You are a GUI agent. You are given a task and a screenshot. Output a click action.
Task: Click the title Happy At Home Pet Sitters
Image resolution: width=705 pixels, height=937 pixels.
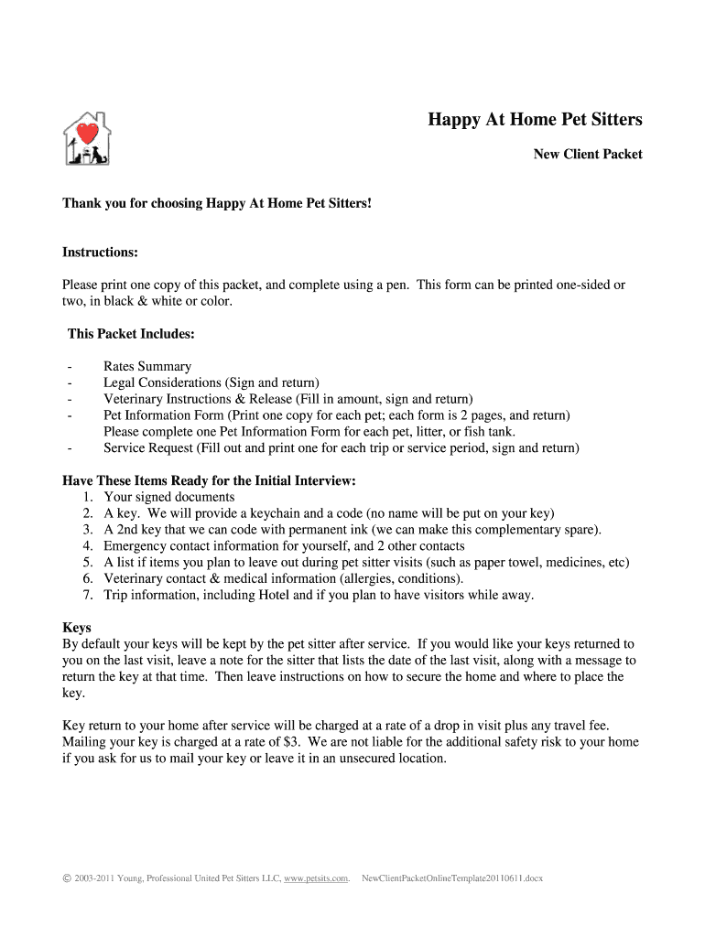(x=536, y=120)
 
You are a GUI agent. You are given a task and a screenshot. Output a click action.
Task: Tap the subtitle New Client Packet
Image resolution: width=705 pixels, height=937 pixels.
(x=588, y=155)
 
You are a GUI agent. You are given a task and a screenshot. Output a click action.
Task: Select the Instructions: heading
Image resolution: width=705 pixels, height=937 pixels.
(x=100, y=252)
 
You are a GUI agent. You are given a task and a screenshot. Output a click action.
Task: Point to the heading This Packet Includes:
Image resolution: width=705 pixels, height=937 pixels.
(x=131, y=334)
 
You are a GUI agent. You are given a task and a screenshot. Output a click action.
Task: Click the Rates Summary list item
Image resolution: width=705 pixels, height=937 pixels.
(x=147, y=366)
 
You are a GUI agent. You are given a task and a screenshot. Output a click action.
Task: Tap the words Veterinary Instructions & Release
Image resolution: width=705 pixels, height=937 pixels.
(x=197, y=399)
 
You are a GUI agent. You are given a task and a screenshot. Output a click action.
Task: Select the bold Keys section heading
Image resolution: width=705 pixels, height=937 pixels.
(x=76, y=628)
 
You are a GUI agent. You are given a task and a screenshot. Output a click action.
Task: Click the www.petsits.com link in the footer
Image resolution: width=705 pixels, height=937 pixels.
(x=316, y=878)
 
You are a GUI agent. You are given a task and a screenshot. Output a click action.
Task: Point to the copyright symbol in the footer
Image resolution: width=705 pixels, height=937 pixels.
(x=66, y=878)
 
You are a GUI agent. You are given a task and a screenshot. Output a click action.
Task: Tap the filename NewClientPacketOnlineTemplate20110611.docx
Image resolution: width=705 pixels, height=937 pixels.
(x=453, y=878)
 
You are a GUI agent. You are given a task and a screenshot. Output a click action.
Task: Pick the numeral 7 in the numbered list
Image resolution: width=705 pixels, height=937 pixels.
(x=86, y=595)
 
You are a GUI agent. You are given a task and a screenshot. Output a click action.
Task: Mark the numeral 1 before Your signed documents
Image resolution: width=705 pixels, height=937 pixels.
(x=86, y=497)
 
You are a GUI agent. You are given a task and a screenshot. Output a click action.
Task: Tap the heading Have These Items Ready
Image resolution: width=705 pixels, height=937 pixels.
(x=209, y=480)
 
